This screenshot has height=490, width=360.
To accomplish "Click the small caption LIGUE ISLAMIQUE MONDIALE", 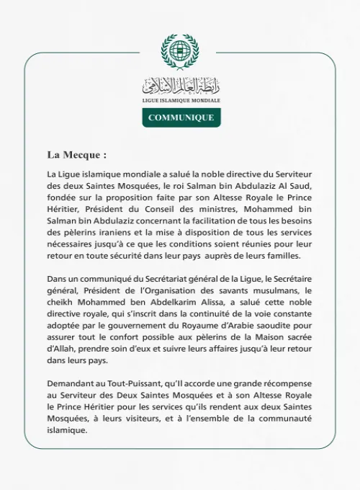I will pos(180,100).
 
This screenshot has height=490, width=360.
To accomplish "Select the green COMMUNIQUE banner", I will pos(180,117).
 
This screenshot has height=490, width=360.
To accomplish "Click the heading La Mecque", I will pos(76,154).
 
